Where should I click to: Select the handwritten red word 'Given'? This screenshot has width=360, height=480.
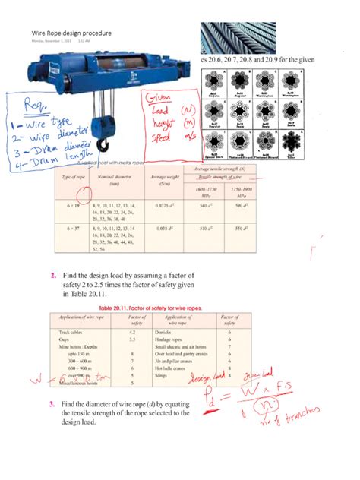(160, 99)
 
